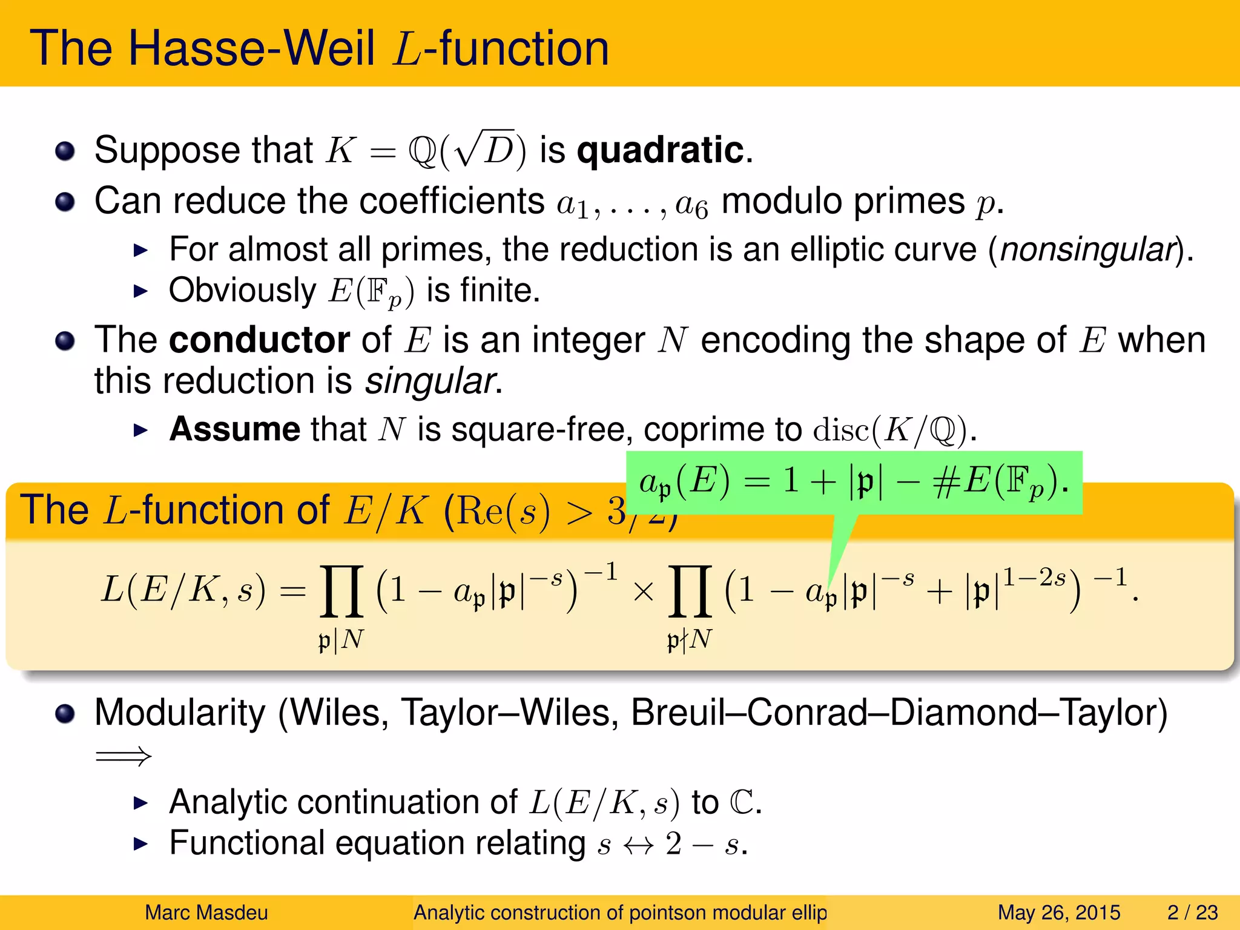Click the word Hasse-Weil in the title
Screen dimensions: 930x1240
click(x=251, y=48)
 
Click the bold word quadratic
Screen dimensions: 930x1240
click(x=660, y=150)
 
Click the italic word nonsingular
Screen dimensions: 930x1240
click(x=1087, y=249)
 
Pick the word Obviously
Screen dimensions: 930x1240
click(x=242, y=291)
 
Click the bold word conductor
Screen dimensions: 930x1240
click(x=259, y=340)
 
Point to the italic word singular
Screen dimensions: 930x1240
click(x=430, y=381)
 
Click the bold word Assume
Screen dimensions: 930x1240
click(x=234, y=429)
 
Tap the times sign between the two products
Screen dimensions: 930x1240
click(x=643, y=592)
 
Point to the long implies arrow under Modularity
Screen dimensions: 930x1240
click(x=124, y=756)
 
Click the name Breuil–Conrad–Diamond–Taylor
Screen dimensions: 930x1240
click(x=899, y=713)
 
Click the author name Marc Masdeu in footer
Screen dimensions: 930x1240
click(x=206, y=912)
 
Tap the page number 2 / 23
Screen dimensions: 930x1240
click(x=1192, y=912)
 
